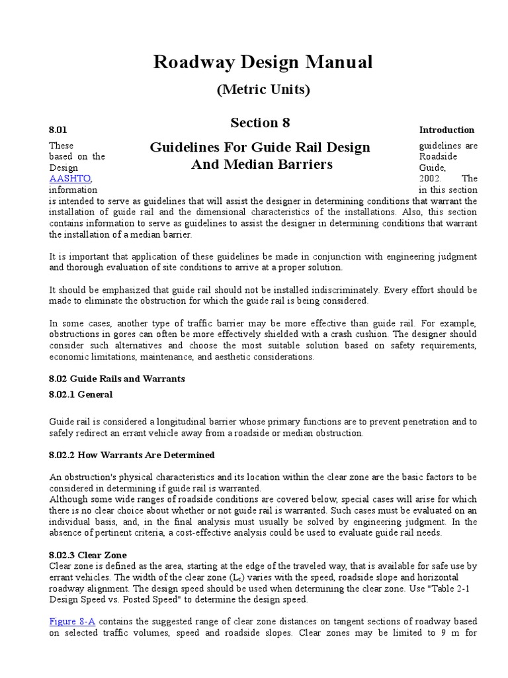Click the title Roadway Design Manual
point(263,63)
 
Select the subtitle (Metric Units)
point(263,90)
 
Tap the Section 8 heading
point(260,123)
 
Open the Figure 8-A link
point(71,622)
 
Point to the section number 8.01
point(58,130)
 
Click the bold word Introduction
point(446,130)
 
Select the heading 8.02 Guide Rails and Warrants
point(117,379)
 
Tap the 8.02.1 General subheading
point(81,395)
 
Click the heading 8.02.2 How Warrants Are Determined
point(132,456)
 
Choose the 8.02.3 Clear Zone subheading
point(88,555)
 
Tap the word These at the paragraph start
point(62,146)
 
